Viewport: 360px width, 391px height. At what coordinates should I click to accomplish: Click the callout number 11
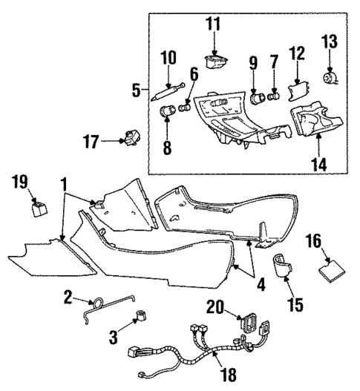tap(213, 24)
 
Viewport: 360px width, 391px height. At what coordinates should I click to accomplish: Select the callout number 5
tap(137, 91)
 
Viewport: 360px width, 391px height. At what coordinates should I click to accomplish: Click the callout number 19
tap(21, 180)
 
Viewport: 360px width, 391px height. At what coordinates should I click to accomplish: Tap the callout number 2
tap(68, 297)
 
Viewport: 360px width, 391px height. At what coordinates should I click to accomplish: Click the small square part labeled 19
tap(36, 206)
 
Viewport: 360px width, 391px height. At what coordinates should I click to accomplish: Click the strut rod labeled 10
tap(166, 91)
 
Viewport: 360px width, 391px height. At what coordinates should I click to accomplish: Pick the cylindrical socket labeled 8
tap(168, 115)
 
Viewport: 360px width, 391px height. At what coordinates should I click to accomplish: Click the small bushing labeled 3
tap(137, 319)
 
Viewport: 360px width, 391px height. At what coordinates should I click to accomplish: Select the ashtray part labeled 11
tap(216, 60)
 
